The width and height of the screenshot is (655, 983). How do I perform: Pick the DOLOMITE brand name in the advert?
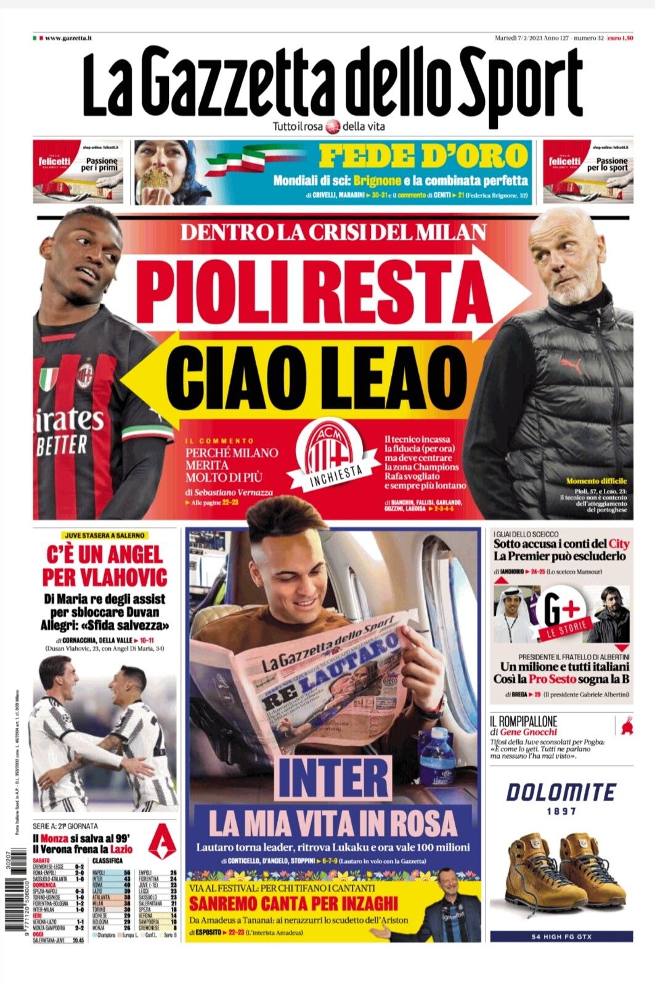point(560,793)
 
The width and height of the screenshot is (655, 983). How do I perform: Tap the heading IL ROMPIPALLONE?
point(523,720)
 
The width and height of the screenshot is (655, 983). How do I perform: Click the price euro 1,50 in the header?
point(619,38)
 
